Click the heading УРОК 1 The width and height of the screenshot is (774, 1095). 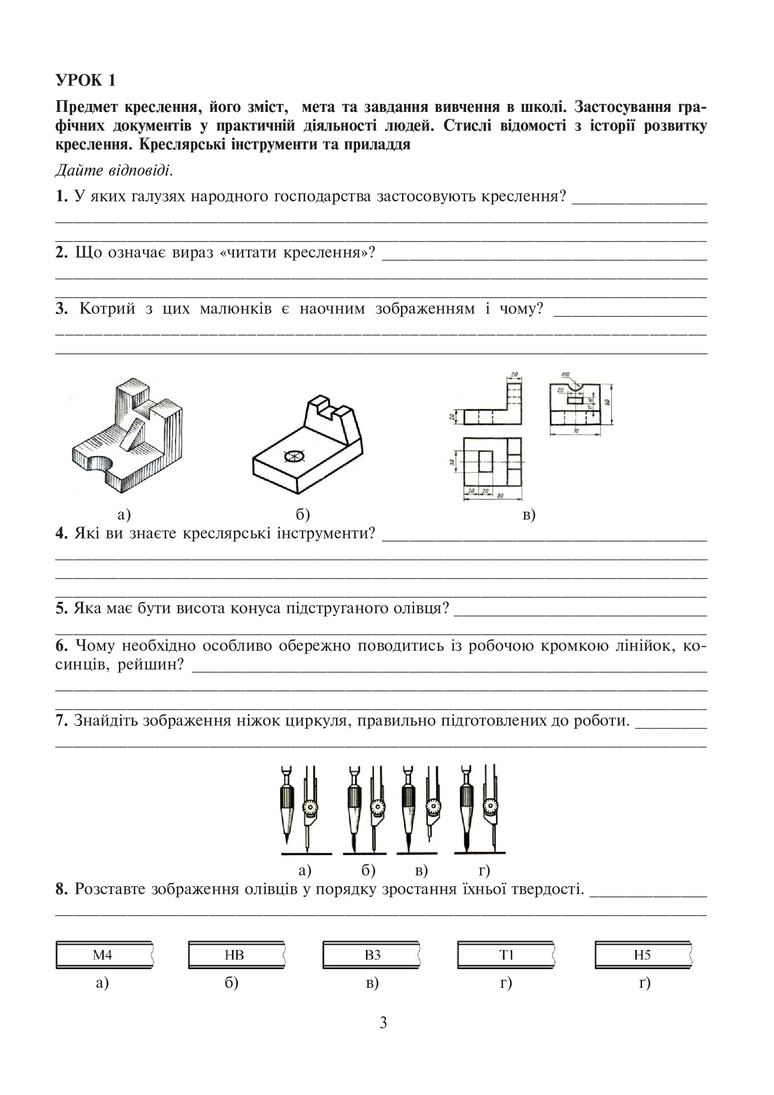coord(86,80)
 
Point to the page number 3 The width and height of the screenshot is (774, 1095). coord(383,1022)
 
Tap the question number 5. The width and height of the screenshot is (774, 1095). coord(61,609)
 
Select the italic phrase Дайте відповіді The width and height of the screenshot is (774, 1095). coord(114,170)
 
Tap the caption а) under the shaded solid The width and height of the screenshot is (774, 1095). coord(124,514)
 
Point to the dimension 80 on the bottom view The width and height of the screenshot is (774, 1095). coord(500,495)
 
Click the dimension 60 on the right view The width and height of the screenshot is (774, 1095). coord(607,402)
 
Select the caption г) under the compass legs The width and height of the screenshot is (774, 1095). coord(484,871)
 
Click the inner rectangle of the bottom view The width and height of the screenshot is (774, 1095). coord(486,461)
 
